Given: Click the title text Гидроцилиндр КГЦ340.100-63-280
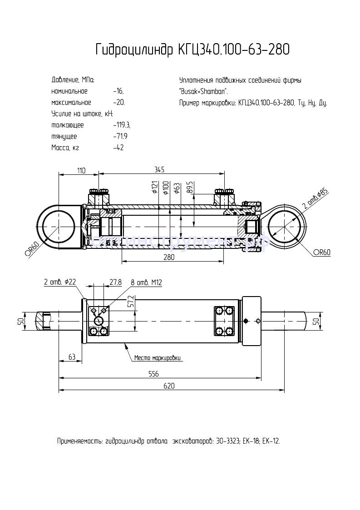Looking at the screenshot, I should coord(192,50).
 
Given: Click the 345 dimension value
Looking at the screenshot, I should coord(159,169).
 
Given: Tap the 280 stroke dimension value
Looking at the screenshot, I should coord(168,257).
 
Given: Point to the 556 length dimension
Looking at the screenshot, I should coord(154,374).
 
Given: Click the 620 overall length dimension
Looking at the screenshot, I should coord(168,386).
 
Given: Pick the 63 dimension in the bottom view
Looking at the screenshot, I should coord(71,357).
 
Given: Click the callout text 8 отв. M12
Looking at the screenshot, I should coord(147,282).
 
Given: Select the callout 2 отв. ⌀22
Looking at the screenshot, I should coord(60,282).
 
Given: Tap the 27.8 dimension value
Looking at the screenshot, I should coord(116,282).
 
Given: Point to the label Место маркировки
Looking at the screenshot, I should coord(158,358).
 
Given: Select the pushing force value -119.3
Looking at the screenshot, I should coord(122,125).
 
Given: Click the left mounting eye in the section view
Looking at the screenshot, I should coord(59,226).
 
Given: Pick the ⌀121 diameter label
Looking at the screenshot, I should coord(155,188).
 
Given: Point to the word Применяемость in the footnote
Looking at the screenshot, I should coord(79,441).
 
